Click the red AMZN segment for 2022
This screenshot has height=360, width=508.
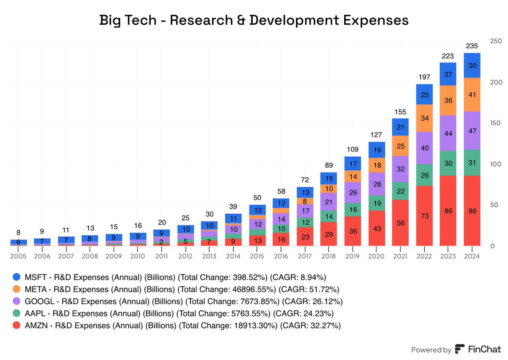[x=425, y=216]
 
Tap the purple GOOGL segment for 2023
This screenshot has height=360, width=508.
[x=448, y=133]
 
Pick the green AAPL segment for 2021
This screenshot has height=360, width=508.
[x=400, y=191]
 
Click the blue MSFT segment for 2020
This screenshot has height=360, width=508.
[x=377, y=150]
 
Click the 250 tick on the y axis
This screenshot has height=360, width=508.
[x=495, y=41]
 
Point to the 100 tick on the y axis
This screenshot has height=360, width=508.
[x=495, y=164]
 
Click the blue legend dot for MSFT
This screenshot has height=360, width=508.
[x=17, y=278]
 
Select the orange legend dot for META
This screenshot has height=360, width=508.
[x=17, y=290]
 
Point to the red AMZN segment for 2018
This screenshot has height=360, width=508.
[x=329, y=234]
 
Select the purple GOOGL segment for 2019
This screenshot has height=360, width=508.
[x=353, y=192]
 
